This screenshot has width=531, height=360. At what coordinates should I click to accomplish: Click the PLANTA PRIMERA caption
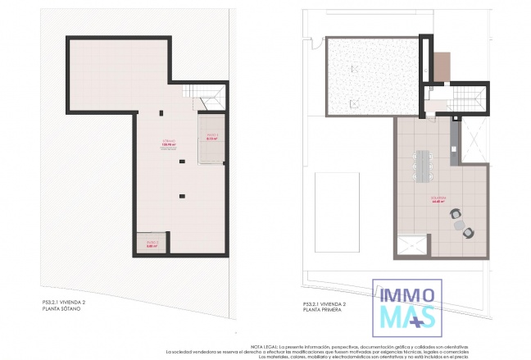tap(323, 309)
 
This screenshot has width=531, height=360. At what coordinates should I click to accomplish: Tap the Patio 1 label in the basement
tap(211, 137)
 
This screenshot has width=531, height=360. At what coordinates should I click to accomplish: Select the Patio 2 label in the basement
tap(152, 244)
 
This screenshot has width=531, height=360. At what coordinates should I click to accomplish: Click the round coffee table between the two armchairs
tap(461, 223)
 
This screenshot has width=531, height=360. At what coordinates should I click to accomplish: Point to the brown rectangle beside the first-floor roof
tap(441, 67)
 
